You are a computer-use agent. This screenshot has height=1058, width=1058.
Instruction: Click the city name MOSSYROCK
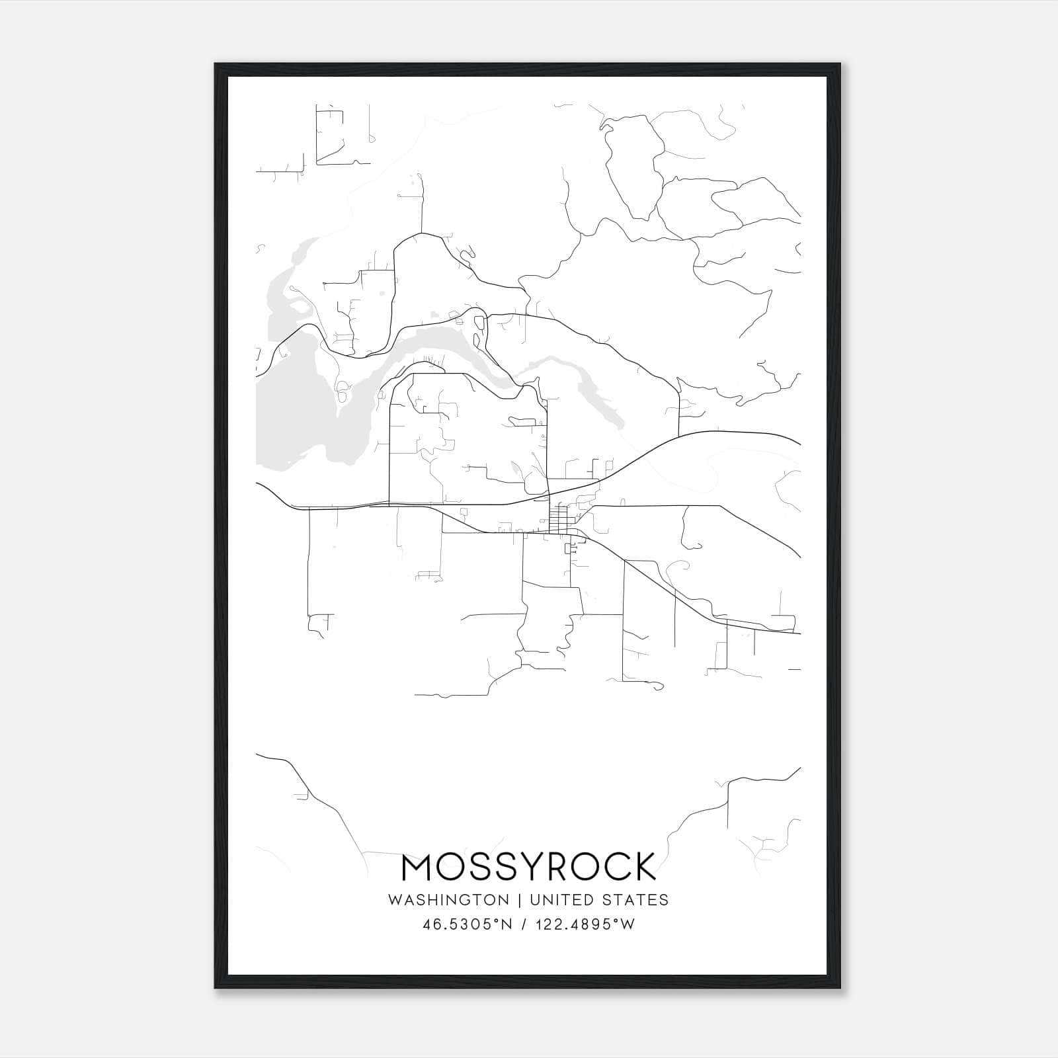pos(529,868)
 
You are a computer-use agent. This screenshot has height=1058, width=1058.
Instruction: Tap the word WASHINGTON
pos(448,900)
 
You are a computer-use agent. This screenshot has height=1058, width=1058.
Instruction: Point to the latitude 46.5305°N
pos(468,924)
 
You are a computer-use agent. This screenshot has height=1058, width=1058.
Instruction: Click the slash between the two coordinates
pos(524,924)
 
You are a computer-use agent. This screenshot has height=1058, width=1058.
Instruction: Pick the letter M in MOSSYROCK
pos(417,868)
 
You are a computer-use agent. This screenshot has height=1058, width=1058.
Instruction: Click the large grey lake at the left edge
pos(298,410)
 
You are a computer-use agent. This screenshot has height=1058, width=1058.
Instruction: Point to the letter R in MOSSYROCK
pos(555,868)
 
